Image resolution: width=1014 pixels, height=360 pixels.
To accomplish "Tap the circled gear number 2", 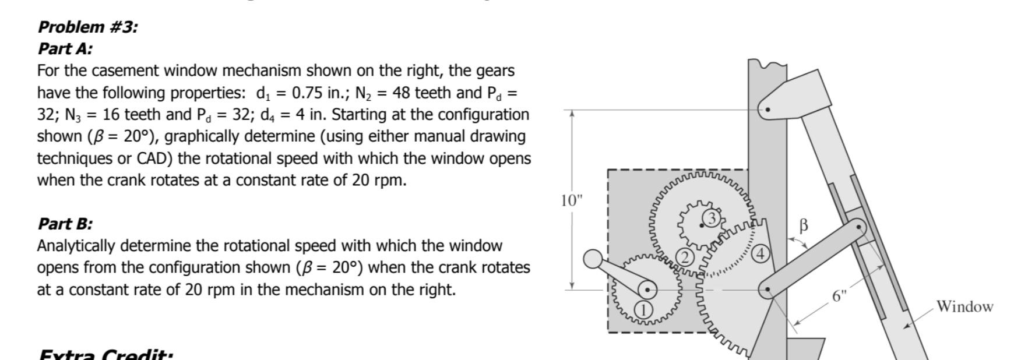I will click(686, 257).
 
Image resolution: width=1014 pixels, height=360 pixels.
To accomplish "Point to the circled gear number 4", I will click(761, 254).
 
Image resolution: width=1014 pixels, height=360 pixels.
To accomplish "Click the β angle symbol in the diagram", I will click(804, 225).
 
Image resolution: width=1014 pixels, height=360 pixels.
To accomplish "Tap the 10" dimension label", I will click(572, 200).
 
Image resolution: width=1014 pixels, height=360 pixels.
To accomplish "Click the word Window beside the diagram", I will click(964, 306).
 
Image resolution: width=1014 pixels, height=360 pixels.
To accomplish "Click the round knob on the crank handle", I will click(593, 259).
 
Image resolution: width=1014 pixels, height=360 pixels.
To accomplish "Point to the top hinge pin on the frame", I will click(767, 109).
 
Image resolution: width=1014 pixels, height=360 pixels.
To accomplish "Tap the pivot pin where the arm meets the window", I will click(858, 227).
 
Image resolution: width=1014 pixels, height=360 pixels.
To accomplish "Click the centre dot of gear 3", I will click(701, 225).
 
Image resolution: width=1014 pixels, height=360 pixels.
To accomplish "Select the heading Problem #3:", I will click(88, 27).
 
